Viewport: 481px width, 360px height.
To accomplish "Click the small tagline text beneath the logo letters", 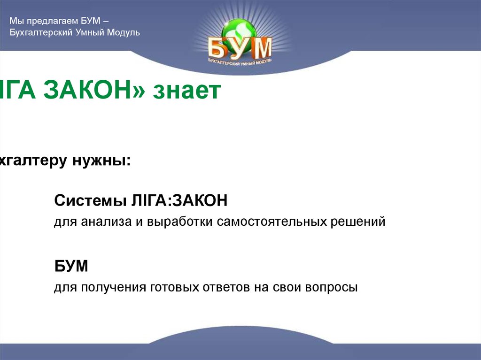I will [240, 62].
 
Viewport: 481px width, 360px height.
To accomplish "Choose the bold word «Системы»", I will [87, 202].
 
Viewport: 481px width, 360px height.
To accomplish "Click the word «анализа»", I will [102, 222].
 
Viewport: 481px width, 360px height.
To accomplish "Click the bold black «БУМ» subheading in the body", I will [71, 267].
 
